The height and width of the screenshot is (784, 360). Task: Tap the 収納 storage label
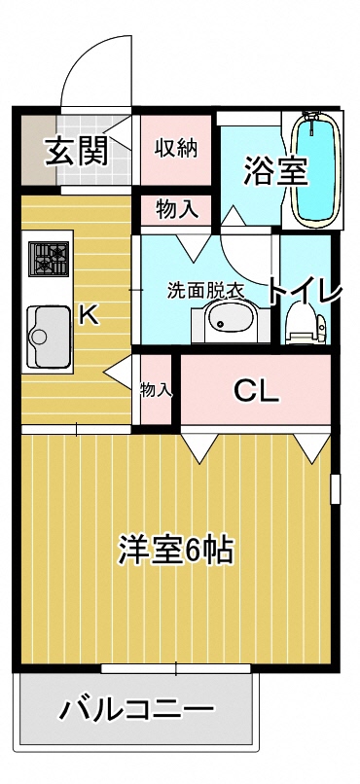pos(176,148)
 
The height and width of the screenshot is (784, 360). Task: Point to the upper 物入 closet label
pos(176,208)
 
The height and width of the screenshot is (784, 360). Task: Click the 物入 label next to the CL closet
pos(156,390)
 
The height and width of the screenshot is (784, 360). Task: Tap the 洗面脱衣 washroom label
pos(204,289)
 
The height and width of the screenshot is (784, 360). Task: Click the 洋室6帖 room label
pos(175,551)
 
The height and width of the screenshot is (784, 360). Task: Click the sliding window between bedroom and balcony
pos(175,668)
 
